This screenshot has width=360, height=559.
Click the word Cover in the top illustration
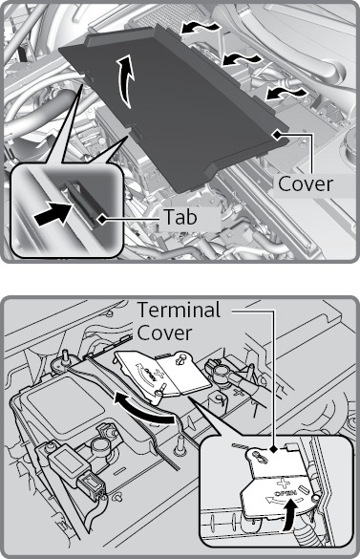[306, 184]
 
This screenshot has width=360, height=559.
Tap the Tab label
[180, 217]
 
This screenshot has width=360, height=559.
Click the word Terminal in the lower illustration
[179, 310]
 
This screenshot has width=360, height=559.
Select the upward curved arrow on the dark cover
[126, 81]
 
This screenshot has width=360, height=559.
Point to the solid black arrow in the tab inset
[53, 214]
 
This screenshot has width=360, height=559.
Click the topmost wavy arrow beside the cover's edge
[200, 27]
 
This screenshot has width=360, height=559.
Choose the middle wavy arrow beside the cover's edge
[241, 59]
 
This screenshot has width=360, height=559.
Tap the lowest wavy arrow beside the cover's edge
[286, 94]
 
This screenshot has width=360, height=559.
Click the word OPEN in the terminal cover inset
[286, 494]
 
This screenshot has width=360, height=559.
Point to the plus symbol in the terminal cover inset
[284, 484]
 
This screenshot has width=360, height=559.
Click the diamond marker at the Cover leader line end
[276, 135]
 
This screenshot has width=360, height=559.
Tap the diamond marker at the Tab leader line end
[103, 219]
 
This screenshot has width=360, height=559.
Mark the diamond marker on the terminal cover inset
[273, 450]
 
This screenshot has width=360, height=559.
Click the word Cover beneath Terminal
[164, 333]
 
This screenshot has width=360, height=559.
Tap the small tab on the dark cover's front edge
[138, 132]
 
